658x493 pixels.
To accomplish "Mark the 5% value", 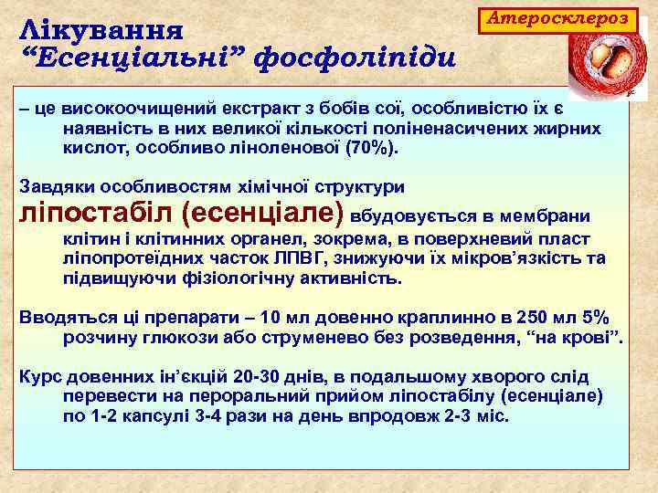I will [594, 319].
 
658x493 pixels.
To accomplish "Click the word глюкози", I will [167, 339].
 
